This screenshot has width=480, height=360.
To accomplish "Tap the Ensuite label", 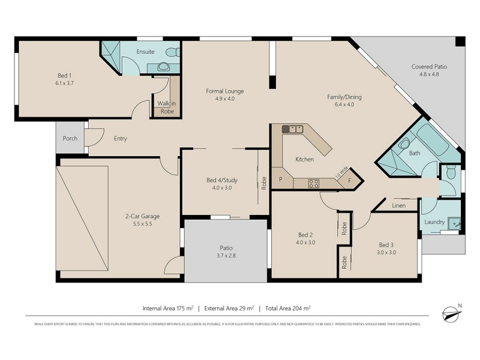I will coord(146,52).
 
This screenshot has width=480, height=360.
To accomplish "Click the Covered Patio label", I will coord(429,67).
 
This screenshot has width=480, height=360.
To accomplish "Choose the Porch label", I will coord(70,139).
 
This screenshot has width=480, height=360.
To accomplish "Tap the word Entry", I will coord(121,139).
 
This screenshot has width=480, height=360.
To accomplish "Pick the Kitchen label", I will coord(305,160).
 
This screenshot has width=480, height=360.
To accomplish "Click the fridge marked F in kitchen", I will coord(350,180).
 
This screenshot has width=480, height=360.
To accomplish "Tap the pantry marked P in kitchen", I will coord(280,180).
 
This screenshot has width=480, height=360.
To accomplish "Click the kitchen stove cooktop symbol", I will coord(313,184).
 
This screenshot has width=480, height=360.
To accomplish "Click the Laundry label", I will coord(434,222).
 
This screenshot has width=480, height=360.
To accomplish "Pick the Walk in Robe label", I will coord(166,107).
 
